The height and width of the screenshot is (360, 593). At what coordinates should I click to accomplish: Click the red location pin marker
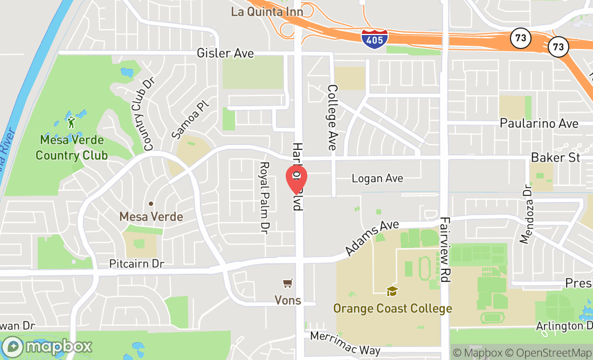click(295, 178)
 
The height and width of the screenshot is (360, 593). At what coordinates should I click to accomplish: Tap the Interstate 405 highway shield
click(375, 39)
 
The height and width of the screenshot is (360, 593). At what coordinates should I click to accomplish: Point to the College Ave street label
click(332, 117)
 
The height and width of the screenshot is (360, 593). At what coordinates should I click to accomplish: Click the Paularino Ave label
click(539, 123)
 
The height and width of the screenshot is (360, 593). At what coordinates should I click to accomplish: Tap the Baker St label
click(555, 157)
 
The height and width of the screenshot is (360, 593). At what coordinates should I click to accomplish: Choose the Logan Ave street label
click(377, 178)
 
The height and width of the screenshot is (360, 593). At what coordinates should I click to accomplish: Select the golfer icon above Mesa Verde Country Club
click(71, 122)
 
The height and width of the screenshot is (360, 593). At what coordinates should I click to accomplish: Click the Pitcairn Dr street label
click(136, 264)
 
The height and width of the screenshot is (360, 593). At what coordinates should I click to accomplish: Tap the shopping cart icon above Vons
click(288, 283)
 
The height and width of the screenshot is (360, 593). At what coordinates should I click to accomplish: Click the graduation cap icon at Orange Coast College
click(392, 292)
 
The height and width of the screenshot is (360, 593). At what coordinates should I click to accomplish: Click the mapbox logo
click(47, 345)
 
